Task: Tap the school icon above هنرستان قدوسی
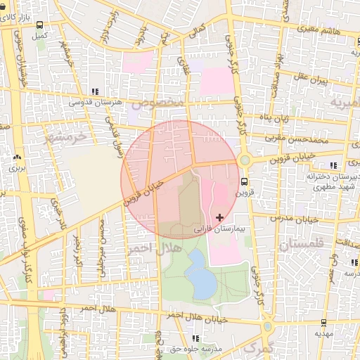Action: tap(95, 91)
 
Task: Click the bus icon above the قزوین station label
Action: tap(244, 181)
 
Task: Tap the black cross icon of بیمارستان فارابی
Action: tap(221, 218)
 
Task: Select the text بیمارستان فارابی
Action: tap(216, 229)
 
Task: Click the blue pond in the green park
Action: tap(201, 279)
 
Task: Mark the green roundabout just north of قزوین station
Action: tap(244, 160)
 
